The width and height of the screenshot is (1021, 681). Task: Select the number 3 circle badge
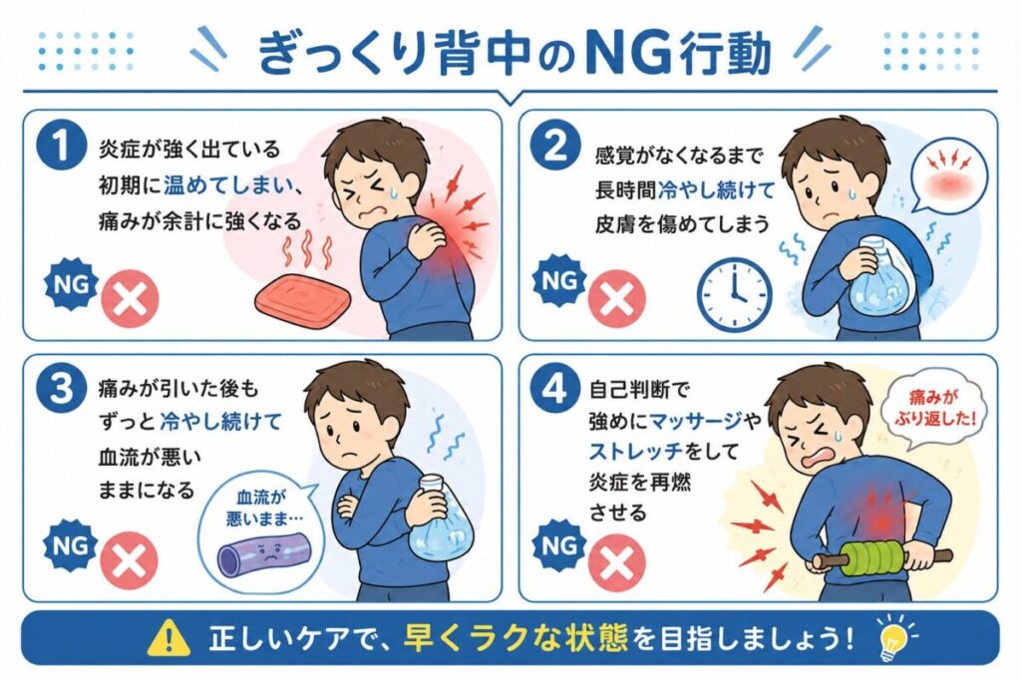coord(62,389)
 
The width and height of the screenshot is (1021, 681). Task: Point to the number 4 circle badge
coord(554,389)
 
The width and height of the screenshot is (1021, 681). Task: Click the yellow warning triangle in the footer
coord(169,637)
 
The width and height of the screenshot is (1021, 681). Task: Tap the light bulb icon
coord(892,636)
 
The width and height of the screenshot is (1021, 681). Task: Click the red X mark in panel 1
coord(130,299)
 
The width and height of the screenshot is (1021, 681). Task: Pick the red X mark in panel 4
coord(616,561)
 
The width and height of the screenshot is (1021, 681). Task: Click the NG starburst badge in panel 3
coord(70,545)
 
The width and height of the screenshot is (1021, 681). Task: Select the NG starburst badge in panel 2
coord(558,281)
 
